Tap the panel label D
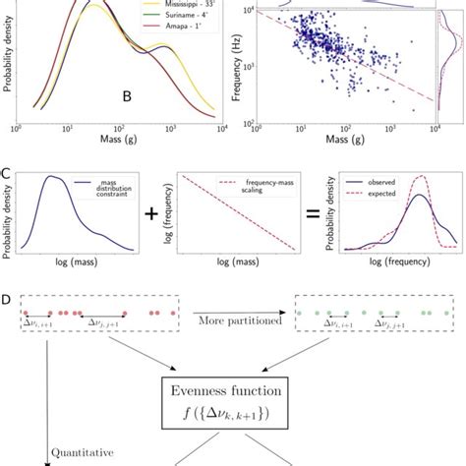7,297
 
